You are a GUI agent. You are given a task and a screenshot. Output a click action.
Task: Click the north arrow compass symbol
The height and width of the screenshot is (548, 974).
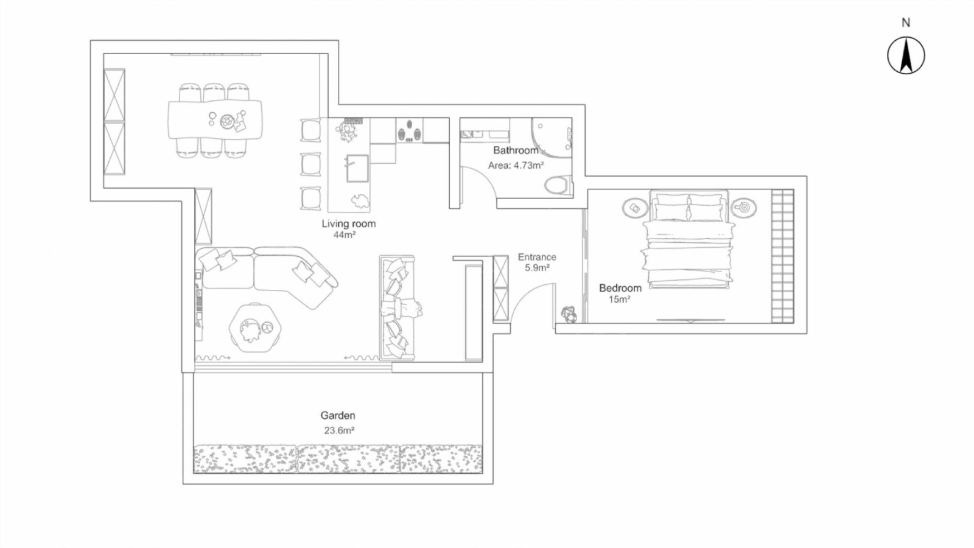click(906, 55)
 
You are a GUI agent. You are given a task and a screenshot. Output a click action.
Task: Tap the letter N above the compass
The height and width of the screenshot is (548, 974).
click(906, 23)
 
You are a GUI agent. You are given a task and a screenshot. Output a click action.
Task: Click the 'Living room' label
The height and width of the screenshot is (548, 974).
click(348, 223)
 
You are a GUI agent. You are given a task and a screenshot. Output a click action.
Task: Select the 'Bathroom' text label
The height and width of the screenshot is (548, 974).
click(516, 150)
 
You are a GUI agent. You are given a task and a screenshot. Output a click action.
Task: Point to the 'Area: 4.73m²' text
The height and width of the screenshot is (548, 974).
click(516, 165)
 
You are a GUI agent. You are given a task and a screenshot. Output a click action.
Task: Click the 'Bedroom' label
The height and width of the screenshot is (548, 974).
click(620, 288)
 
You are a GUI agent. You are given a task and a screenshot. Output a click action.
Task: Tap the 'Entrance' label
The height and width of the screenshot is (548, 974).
click(537, 257)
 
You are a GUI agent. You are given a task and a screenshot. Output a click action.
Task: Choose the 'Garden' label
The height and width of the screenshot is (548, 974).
click(338, 415)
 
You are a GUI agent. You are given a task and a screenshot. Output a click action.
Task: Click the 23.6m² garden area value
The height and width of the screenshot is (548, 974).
click(339, 430)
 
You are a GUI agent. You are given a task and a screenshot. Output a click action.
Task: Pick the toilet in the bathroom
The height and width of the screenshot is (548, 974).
click(557, 185)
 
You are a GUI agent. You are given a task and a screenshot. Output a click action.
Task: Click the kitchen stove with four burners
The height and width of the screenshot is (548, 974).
click(409, 130)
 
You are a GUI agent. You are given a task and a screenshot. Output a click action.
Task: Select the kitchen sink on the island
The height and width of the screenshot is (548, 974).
click(357, 168)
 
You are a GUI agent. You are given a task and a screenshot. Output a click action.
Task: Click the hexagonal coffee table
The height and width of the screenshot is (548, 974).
click(255, 328)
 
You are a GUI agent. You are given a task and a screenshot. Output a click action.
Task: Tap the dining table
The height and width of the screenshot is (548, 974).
click(215, 119)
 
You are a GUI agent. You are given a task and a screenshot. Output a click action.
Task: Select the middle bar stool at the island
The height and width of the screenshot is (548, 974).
click(310, 164)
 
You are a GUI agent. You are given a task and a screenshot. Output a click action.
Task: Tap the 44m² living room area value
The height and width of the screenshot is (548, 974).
click(345, 235)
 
